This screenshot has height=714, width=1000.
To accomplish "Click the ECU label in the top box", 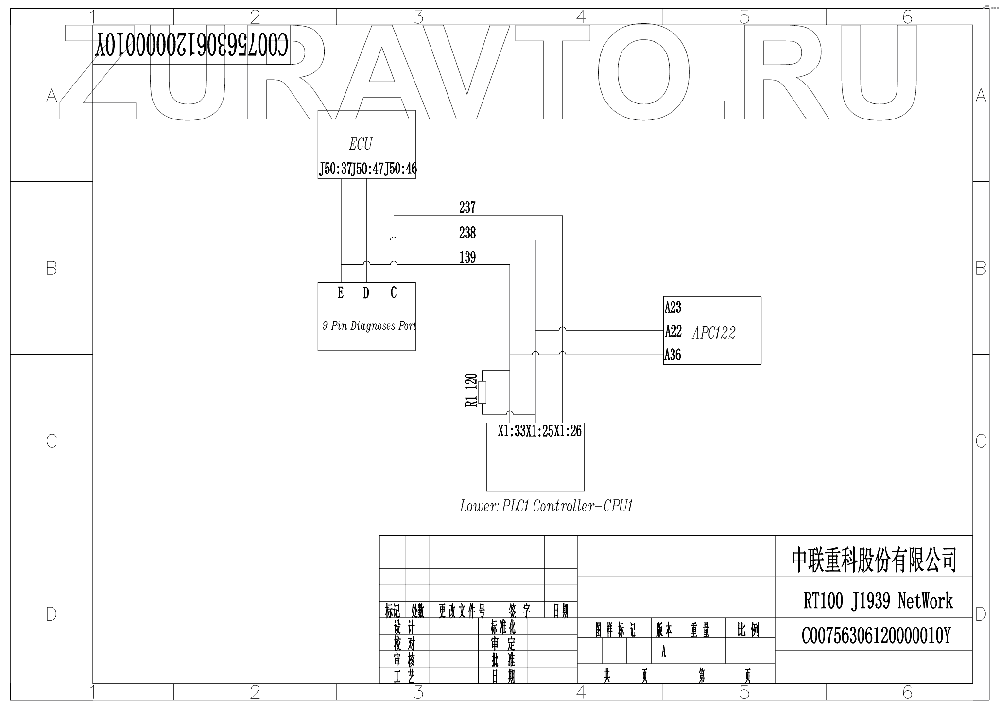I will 361,144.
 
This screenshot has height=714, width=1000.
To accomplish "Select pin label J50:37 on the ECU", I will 335,170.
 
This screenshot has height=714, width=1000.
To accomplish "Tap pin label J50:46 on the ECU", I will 401,170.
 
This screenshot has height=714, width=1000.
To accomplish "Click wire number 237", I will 467,208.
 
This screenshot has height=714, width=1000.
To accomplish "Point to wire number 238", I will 467,233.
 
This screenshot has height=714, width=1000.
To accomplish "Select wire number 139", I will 467,257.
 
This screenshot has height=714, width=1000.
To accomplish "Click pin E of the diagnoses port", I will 341,293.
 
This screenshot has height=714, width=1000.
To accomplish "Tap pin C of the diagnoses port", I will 394,292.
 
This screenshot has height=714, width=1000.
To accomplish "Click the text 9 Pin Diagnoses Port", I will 369,326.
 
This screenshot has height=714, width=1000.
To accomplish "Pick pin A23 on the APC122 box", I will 673,307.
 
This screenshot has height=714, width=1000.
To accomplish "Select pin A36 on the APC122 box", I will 673,355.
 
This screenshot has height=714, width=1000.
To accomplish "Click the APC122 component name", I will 714,333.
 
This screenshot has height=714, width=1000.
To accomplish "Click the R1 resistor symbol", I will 482,392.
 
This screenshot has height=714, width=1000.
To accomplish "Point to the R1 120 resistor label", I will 471,390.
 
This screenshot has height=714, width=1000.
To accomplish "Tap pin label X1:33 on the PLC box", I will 512,431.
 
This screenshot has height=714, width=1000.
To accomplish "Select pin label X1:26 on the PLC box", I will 568,431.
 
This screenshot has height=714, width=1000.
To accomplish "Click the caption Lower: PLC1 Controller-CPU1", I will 546,507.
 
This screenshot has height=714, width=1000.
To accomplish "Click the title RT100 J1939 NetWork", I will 878,601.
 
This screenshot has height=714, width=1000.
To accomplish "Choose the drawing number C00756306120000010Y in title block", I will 876,635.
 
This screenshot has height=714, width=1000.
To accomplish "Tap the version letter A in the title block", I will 663,652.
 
